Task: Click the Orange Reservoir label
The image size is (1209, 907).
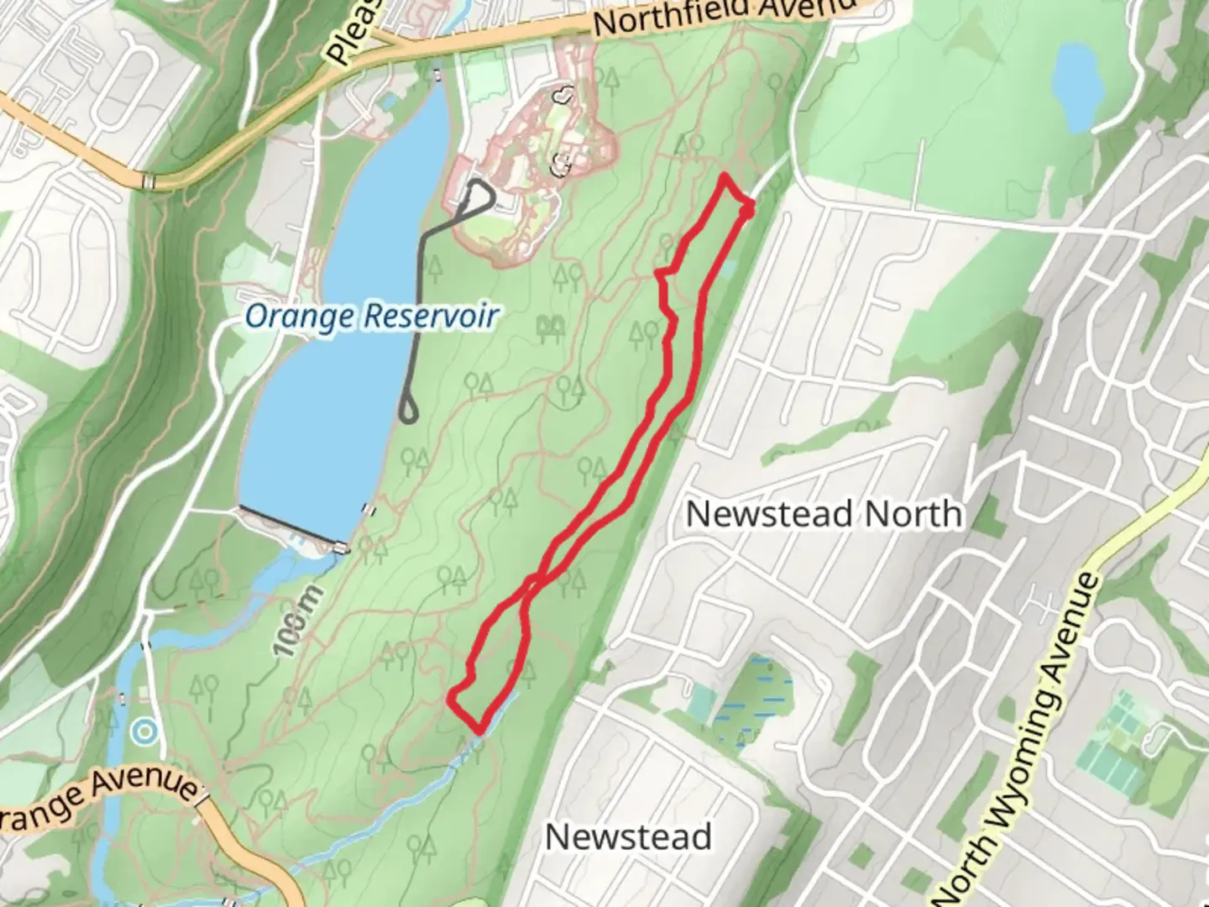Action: point(372,316)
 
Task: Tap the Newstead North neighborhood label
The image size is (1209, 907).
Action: point(824,513)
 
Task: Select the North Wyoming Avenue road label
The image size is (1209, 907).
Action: point(1018,739)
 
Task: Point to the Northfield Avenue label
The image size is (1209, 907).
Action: point(722,14)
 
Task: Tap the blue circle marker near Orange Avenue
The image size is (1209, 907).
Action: point(145,732)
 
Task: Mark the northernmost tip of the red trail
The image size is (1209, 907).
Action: point(724,176)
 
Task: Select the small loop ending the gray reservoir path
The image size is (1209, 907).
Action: point(408,411)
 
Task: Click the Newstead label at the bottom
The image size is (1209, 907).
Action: point(628,836)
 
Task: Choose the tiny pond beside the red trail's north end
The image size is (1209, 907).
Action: point(727,267)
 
